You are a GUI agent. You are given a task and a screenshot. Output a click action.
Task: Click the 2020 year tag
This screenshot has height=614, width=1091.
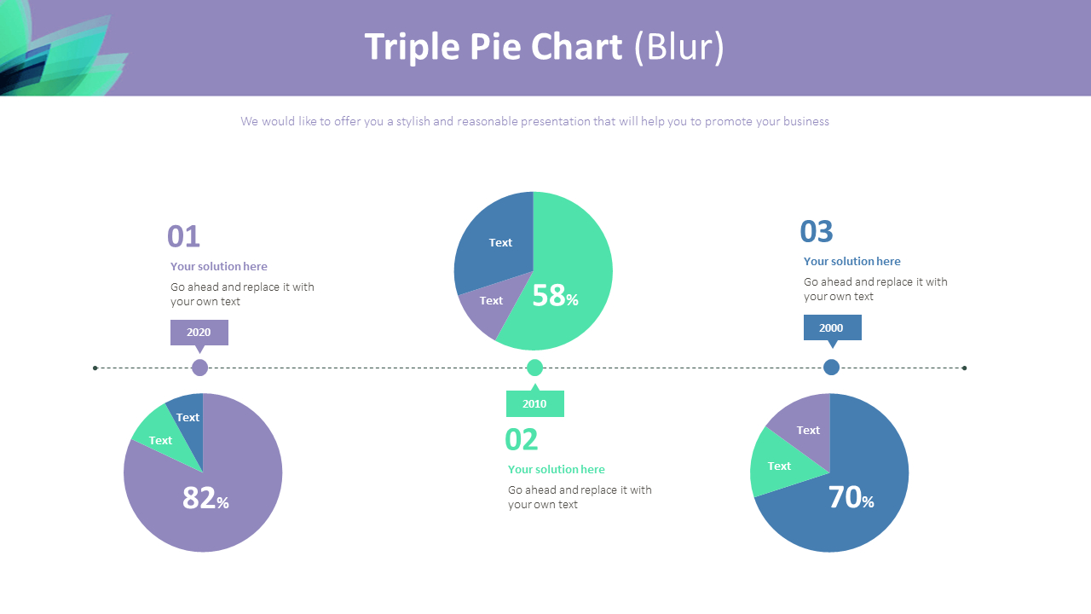[199, 332]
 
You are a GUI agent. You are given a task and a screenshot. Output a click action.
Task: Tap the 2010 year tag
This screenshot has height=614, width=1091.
[534, 403]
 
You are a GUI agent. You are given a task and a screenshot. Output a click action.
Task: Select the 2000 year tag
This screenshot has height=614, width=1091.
[832, 327]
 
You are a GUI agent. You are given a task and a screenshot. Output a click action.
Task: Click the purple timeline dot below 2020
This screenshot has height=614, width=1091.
[199, 368]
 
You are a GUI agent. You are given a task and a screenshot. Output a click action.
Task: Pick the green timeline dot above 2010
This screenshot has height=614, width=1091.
[534, 368]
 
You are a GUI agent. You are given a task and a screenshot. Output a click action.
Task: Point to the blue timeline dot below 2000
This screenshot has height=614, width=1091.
[831, 368]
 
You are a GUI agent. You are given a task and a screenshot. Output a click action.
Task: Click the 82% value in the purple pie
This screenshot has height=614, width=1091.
[205, 498]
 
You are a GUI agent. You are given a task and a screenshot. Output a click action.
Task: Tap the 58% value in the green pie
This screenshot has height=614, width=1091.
[555, 296]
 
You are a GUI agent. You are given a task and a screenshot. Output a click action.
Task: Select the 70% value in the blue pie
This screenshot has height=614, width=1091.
[851, 498]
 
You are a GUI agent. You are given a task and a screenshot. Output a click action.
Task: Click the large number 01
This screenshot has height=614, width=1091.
[183, 236]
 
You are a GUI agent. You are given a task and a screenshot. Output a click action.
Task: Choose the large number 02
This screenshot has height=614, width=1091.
[522, 439]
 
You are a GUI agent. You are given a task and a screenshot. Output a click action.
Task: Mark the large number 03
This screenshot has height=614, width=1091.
[817, 231]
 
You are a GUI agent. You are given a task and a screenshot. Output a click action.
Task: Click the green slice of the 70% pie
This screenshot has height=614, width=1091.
[776, 465]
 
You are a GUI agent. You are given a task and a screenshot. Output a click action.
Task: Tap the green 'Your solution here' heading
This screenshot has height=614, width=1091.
[556, 469]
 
